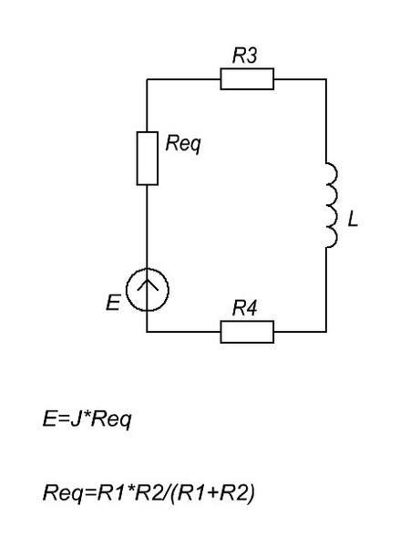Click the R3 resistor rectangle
247,78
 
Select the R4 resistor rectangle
247,332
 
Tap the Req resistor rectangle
148,158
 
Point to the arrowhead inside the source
148,284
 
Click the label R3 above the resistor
245,55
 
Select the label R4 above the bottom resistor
245,308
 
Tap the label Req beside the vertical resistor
183,144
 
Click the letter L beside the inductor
353,220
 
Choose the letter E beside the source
113,303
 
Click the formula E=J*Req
87,419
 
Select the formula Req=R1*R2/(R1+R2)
149,493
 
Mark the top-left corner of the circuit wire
148,79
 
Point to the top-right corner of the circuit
326,79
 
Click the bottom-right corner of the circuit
326,332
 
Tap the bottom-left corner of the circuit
148,332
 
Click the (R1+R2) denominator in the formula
213,493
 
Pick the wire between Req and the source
148,226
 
